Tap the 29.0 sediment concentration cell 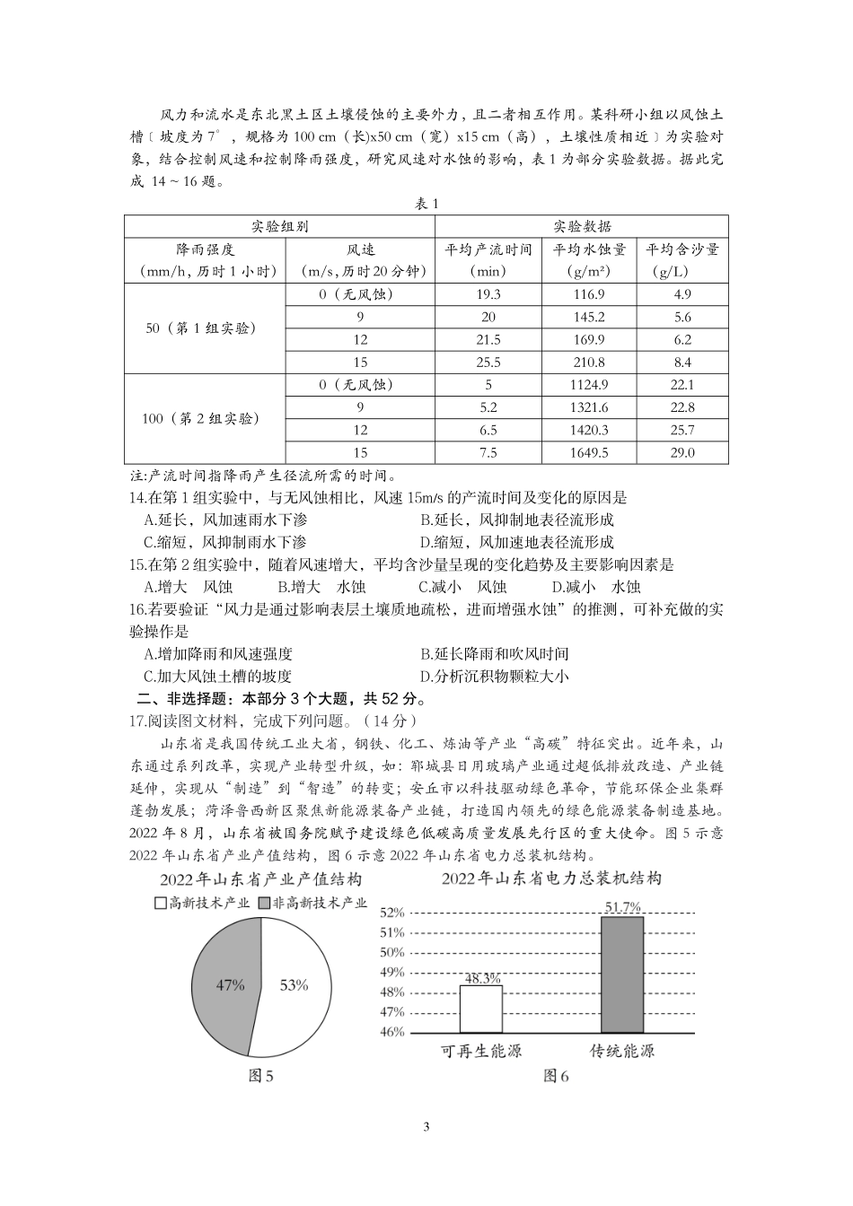(x=682, y=452)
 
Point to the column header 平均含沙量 (x=682, y=259)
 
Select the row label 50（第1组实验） (x=201, y=328)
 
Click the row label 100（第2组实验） (x=201, y=419)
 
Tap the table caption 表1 (x=426, y=204)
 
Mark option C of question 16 (x=217, y=677)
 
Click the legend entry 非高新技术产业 (x=312, y=903)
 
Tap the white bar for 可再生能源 (x=480, y=1009)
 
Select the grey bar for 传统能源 (x=622, y=974)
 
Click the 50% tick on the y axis (x=392, y=952)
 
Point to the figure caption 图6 (x=556, y=1076)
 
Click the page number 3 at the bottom (x=426, y=1127)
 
